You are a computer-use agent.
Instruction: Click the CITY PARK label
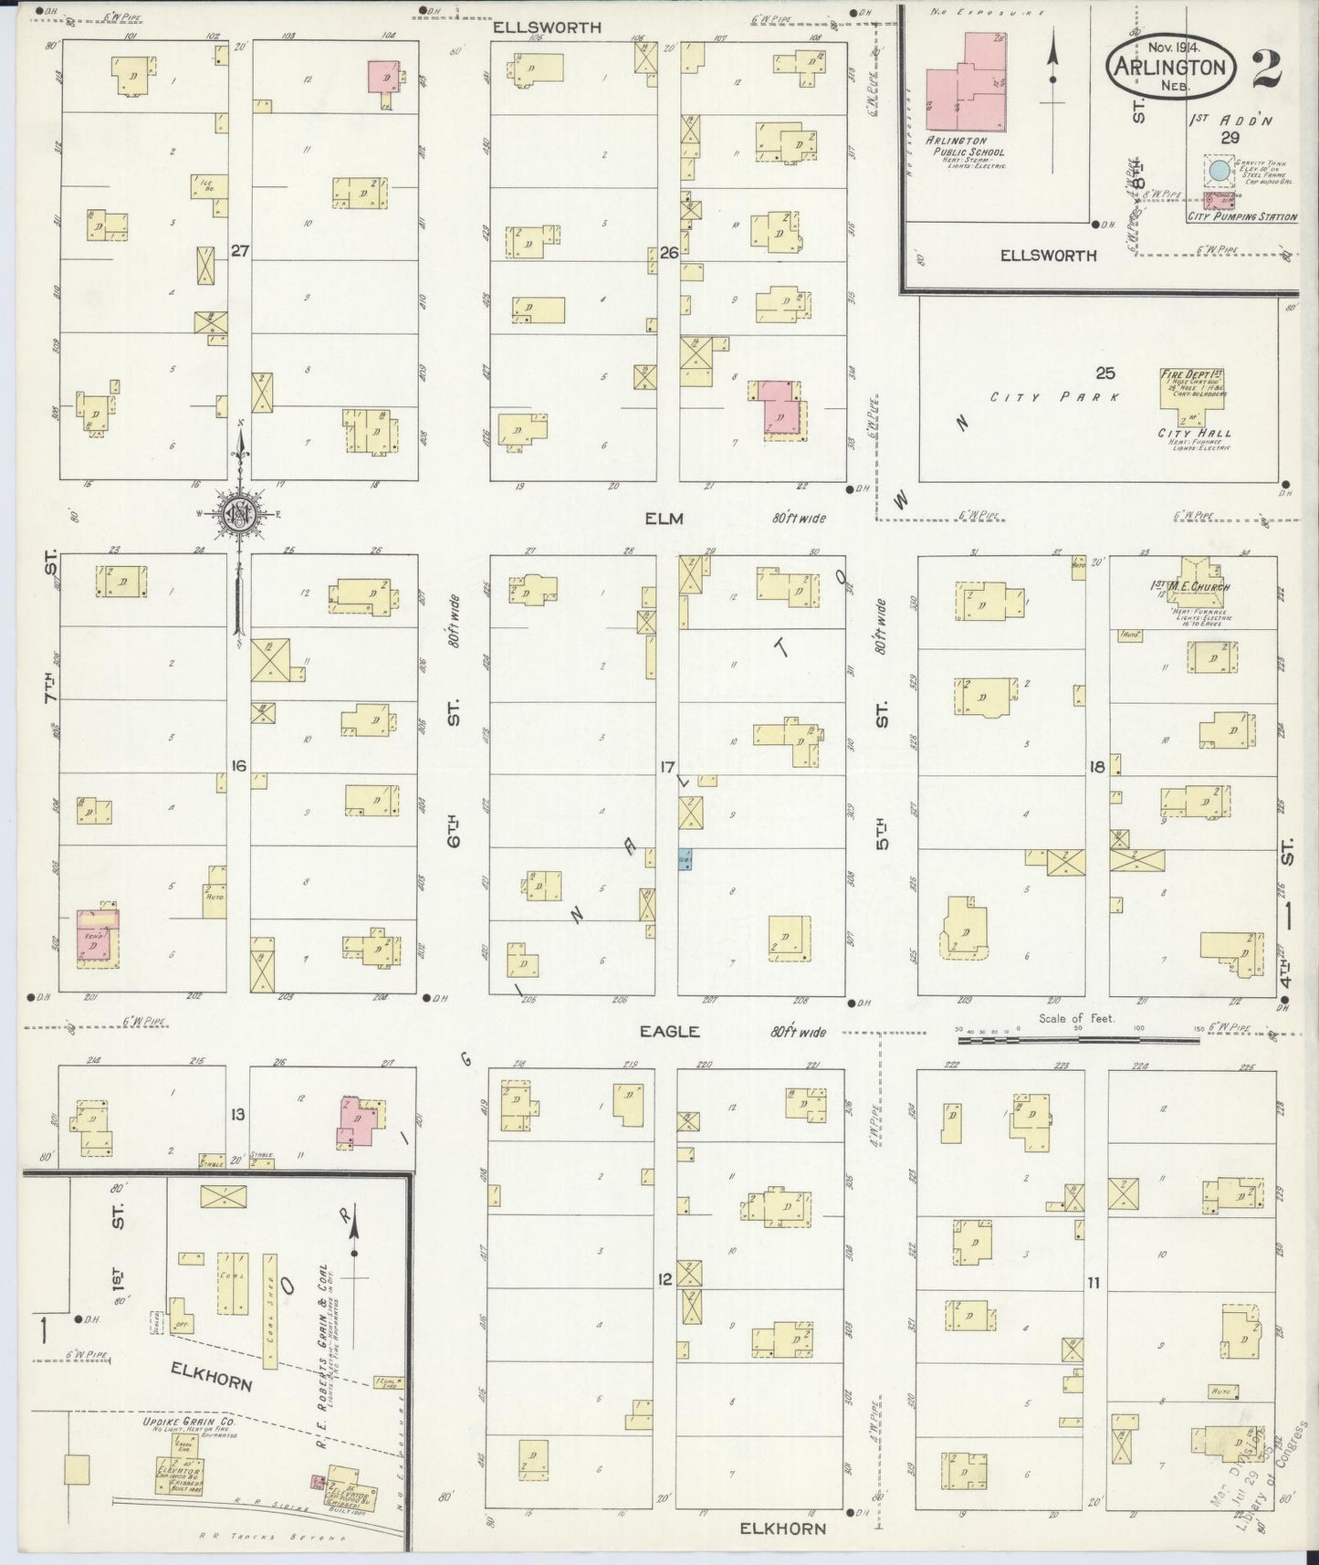pos(1059,397)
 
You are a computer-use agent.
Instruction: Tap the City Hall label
pos(1195,433)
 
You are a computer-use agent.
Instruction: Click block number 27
pos(240,250)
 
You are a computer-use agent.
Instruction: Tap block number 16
pos(238,765)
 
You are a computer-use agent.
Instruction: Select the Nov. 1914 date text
pos(1174,44)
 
